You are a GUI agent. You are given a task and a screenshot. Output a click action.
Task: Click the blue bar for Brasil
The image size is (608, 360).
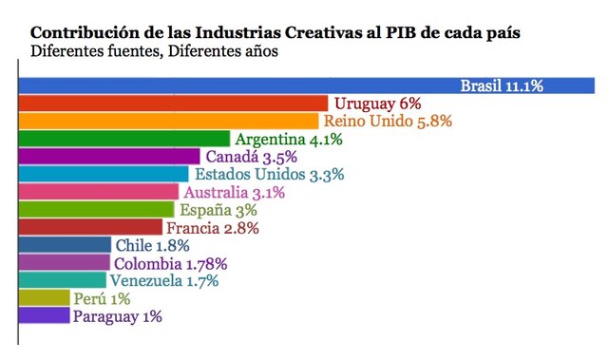point(237,85)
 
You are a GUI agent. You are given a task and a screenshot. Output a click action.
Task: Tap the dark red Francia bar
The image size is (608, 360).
point(91,228)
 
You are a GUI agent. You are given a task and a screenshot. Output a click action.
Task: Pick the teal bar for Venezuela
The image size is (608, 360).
point(63,281)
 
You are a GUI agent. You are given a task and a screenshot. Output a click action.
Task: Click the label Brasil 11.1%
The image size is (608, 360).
point(502,86)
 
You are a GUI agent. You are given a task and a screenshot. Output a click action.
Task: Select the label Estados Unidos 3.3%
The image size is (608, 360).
point(269,175)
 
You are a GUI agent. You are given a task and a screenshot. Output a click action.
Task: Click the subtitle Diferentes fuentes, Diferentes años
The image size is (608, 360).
point(154,52)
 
